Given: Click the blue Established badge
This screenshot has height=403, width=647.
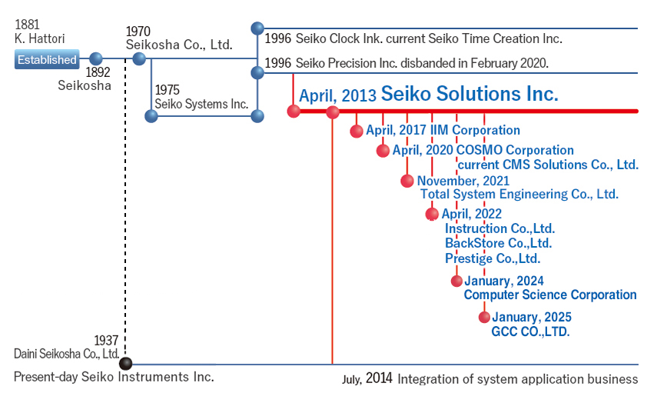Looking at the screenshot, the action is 47,59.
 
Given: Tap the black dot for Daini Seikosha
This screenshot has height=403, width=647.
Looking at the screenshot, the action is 125,363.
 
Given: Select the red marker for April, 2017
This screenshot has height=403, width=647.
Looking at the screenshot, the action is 357,131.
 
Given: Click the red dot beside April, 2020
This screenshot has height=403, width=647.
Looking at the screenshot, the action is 383,151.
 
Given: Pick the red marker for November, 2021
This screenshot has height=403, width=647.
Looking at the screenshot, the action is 407,181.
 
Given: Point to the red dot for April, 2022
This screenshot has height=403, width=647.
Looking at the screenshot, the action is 432,214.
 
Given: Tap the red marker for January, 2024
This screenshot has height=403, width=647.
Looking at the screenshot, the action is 456,281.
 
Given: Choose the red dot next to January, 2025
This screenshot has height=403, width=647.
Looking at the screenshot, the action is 484,317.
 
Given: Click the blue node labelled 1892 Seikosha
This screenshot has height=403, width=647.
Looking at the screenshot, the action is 96,58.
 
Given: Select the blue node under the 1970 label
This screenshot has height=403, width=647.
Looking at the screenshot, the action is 140,58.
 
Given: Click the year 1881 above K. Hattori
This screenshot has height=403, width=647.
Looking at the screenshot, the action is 27,25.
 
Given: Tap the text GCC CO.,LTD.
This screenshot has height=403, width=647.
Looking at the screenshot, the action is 530,331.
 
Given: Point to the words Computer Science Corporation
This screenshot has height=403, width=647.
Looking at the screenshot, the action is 550,295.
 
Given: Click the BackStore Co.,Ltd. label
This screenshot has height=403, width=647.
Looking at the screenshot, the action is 499,243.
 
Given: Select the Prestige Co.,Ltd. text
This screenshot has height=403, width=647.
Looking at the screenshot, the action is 493,258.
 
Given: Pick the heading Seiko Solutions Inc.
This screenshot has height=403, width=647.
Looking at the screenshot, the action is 469,94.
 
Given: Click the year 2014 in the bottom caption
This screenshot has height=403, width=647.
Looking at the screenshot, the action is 379,378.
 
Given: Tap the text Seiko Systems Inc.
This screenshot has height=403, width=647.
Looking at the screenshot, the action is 201,104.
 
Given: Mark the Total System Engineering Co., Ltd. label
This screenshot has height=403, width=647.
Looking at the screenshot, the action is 519,194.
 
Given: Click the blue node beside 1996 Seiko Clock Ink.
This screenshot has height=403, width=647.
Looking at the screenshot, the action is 257,28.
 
